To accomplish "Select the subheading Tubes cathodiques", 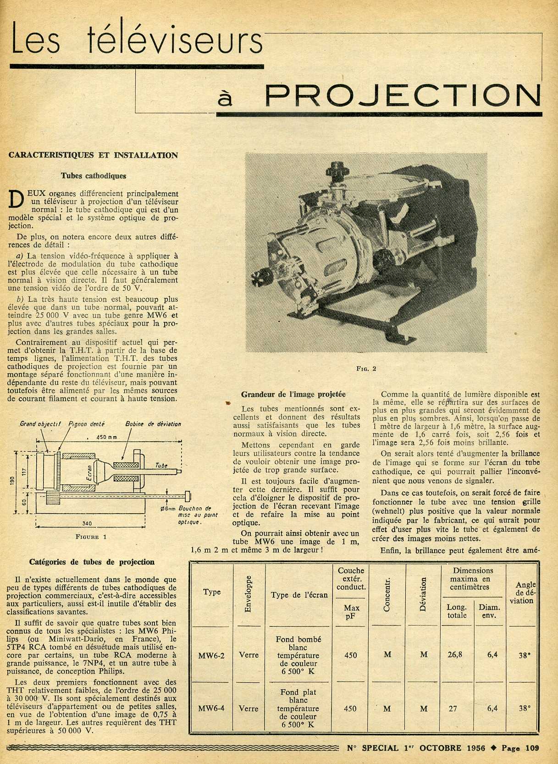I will pos(94,176).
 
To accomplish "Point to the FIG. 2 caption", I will pos(366,368).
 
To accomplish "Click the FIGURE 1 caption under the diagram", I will pos(91,537).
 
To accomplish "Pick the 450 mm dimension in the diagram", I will pos(106,437).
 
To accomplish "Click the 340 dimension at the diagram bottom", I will pos(87,523).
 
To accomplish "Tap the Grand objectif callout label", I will pos(40,424).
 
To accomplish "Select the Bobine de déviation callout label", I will pos(153,424).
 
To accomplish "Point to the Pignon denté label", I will pos(86,424).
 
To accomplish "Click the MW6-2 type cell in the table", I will pos(211,655).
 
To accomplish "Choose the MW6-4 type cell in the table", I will pos(211,709).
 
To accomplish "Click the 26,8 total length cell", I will pos(454,655).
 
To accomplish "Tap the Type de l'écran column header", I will pos(299,595).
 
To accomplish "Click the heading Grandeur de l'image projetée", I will pos(293,394).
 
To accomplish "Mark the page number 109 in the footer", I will pos(532,748).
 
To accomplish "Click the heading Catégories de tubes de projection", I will pos(92,562).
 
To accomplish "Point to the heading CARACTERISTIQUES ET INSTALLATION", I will pos(93,155).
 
